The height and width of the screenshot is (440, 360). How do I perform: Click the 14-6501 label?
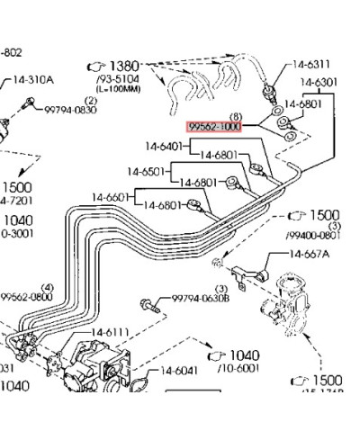[x=147, y=171]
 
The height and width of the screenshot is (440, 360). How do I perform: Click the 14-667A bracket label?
[x=310, y=255]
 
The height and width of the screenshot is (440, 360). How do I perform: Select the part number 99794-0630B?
[x=201, y=297]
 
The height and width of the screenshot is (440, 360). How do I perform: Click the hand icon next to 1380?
[x=96, y=67]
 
